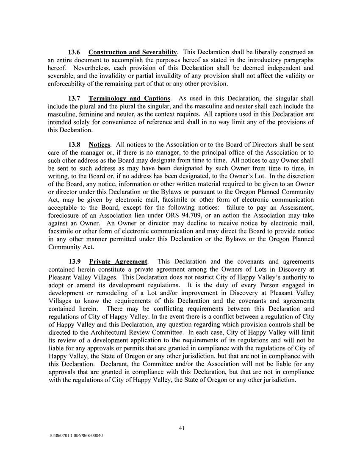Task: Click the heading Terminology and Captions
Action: pyautogui.click(x=129, y=99)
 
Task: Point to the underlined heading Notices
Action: pyautogui.click(x=100, y=145)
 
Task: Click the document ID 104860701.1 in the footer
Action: pyautogui.click(x=60, y=435)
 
